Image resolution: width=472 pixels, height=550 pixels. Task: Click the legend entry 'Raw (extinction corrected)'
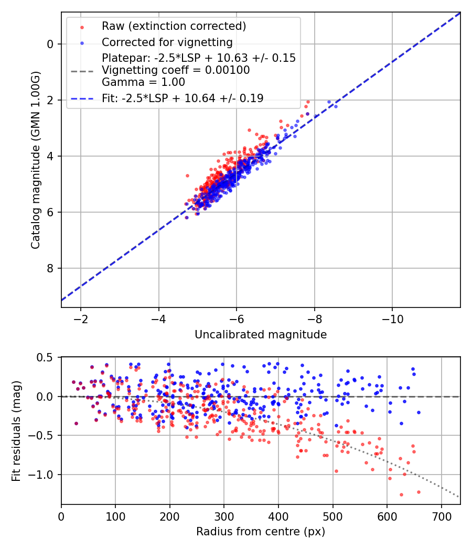(x=174, y=26)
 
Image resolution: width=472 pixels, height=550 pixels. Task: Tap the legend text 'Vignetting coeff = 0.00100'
(x=176, y=70)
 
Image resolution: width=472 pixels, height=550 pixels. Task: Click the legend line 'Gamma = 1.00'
(x=143, y=82)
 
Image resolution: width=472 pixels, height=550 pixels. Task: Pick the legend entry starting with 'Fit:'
(x=183, y=98)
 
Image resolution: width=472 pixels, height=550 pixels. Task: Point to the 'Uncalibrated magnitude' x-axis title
(x=261, y=335)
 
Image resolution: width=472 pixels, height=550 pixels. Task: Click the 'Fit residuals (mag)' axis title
(x=16, y=431)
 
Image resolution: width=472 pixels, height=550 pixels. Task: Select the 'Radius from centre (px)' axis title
(x=261, y=532)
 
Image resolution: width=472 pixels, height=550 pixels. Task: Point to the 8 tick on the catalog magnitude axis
(x=50, y=268)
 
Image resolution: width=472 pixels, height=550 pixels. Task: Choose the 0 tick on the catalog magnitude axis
(x=50, y=44)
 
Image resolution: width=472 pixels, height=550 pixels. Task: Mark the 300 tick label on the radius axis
(x=224, y=516)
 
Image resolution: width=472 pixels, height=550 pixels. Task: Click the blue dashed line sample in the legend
(x=82, y=98)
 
